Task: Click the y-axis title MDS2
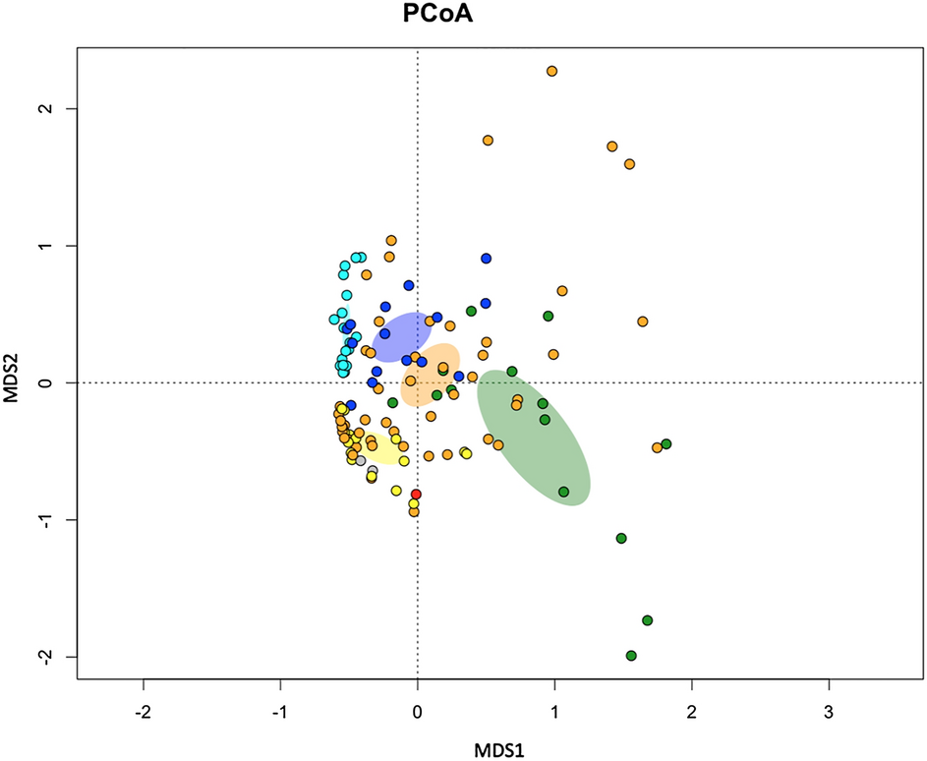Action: click(x=14, y=382)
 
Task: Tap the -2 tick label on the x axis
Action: click(x=144, y=710)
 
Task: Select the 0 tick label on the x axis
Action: click(x=418, y=710)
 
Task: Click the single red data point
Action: click(x=416, y=494)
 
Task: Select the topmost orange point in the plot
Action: click(x=551, y=72)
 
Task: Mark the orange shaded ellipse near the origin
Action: click(x=431, y=375)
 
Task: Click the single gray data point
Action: click(x=361, y=460)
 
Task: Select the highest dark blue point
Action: click(x=486, y=258)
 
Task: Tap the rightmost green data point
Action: click(x=666, y=444)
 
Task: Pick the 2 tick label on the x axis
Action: click(x=692, y=710)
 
